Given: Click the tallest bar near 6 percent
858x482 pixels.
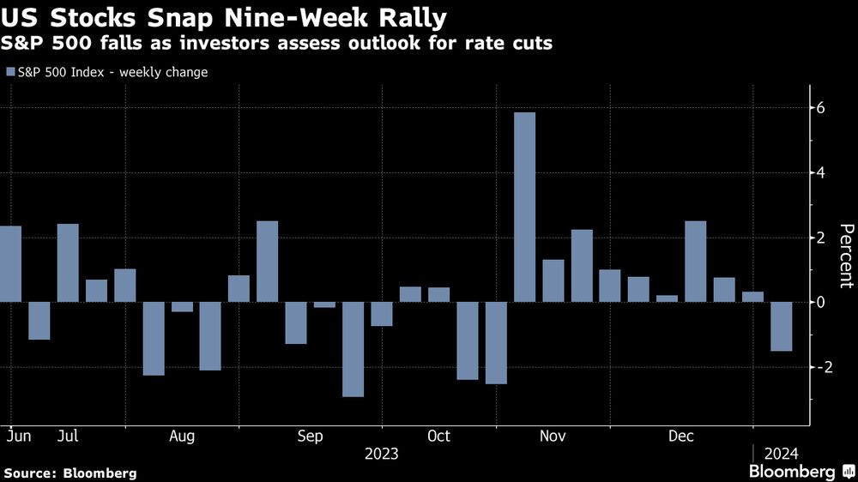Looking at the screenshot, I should [524, 207].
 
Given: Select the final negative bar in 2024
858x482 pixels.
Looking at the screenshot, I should [781, 326].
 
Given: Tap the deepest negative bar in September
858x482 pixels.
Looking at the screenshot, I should [353, 349].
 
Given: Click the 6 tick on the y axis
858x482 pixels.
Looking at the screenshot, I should [820, 108].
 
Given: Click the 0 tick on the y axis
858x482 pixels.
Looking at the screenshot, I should [820, 302].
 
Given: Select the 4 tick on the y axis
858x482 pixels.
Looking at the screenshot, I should [820, 173].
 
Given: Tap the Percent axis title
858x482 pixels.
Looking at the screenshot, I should [846, 256].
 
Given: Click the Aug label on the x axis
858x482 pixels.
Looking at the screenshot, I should [182, 437].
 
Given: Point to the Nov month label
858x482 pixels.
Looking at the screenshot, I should [553, 437].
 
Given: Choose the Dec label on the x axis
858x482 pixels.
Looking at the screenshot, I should [681, 437].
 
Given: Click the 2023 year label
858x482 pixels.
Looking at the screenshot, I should [381, 454].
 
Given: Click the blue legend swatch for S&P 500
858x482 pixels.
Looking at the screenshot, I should [10, 73].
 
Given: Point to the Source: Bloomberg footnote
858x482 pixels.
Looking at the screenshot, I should [70, 473].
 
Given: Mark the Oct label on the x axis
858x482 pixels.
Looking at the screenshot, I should [438, 437].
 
